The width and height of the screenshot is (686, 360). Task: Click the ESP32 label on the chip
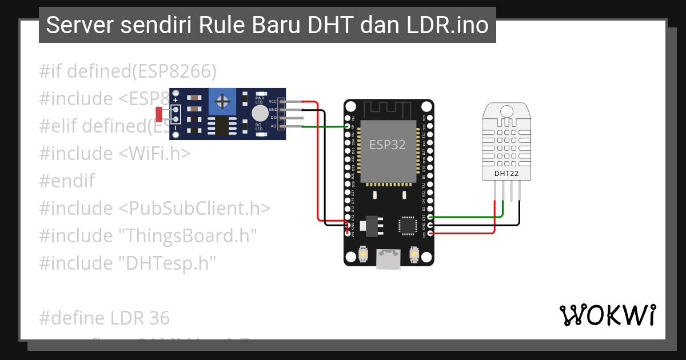[387, 144]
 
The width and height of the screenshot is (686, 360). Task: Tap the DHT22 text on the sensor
[506, 173]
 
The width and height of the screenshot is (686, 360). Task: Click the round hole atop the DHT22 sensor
[506, 110]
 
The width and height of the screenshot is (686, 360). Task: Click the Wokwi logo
[607, 315]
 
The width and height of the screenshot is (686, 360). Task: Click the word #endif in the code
[67, 181]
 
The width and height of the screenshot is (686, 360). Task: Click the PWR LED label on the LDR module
[259, 99]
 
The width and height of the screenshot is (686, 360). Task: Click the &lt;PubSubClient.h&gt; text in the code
[194, 208]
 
